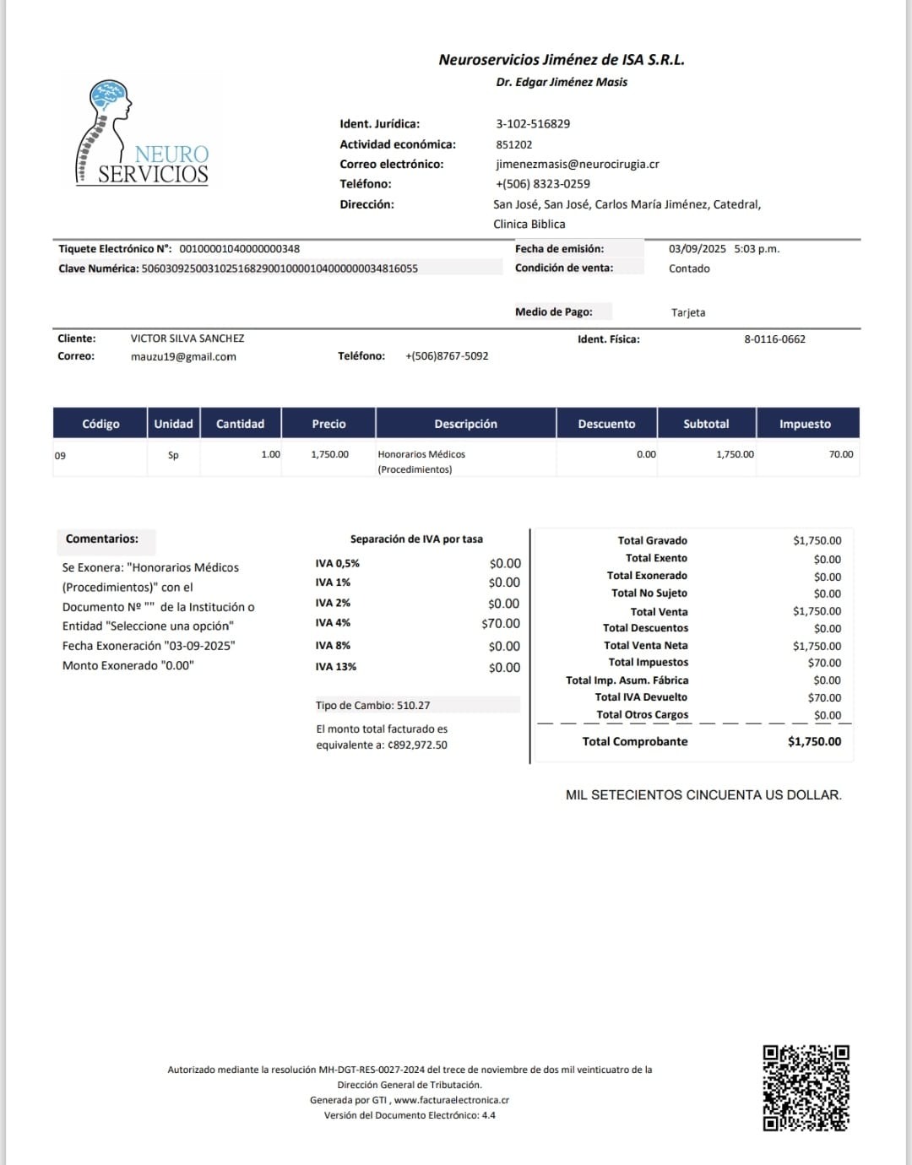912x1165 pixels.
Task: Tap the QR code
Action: coord(806,1087)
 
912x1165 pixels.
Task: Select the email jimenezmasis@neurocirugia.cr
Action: coord(577,165)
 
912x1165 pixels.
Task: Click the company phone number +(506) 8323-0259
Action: coord(542,184)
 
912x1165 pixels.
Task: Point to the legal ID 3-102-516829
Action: coord(533,124)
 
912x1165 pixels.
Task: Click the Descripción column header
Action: coord(465,424)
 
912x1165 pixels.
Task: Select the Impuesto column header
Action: coord(805,424)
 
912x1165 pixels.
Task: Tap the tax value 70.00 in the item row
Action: coord(840,454)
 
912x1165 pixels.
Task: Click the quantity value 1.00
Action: coord(270,454)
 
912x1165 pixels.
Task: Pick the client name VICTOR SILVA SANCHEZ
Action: coord(187,339)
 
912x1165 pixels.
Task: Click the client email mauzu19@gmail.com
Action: coord(183,356)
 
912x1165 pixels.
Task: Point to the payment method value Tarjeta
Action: coord(688,312)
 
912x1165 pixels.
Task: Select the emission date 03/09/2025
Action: coord(697,249)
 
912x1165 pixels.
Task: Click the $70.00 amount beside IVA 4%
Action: coord(501,624)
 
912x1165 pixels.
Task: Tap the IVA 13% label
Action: coord(336,667)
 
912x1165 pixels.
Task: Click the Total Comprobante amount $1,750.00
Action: coord(814,741)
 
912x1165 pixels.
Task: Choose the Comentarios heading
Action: coord(102,539)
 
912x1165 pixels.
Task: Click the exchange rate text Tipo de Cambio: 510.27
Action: coord(372,705)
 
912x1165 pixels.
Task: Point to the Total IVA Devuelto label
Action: coord(641,697)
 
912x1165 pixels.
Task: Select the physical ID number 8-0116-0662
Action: coord(774,339)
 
